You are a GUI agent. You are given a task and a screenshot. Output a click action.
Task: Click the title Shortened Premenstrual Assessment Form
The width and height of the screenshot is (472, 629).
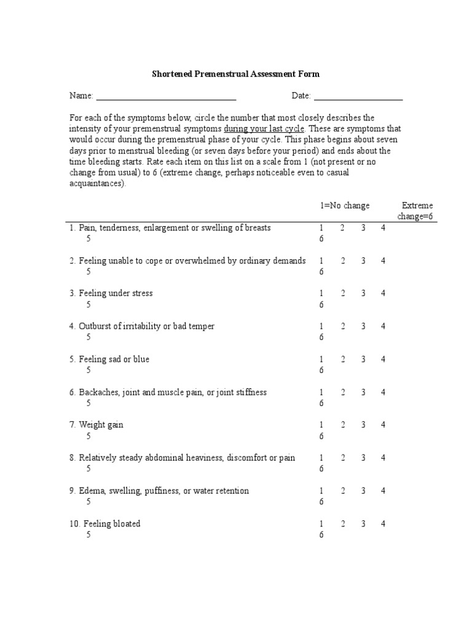[236, 74]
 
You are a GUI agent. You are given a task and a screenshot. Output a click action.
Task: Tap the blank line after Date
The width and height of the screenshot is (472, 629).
[358, 96]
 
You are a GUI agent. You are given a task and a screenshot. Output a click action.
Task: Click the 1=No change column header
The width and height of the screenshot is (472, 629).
[344, 206]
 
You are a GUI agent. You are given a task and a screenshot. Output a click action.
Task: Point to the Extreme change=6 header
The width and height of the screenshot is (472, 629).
[417, 211]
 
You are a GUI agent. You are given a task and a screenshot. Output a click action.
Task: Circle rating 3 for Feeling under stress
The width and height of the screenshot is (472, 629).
[363, 294]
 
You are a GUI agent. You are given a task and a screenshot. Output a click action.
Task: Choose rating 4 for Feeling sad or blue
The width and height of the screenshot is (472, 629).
[383, 359]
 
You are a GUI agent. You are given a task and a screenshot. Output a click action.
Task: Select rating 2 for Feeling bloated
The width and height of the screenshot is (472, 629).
[343, 524]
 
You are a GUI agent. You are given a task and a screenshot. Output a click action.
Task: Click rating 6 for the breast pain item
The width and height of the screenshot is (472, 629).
[321, 239]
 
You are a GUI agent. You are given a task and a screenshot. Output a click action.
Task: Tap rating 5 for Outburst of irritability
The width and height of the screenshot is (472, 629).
[88, 337]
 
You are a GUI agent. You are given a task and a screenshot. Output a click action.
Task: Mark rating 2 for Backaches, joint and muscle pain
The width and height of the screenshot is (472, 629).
[343, 393]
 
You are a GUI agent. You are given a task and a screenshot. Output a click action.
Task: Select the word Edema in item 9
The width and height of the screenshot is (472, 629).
[90, 491]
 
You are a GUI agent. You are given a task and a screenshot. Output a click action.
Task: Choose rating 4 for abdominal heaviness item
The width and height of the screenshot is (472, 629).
[383, 458]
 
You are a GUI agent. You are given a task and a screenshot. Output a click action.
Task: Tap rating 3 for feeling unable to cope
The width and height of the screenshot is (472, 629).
[363, 260]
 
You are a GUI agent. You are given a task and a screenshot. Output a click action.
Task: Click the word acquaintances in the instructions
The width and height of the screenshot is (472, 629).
[96, 184]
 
